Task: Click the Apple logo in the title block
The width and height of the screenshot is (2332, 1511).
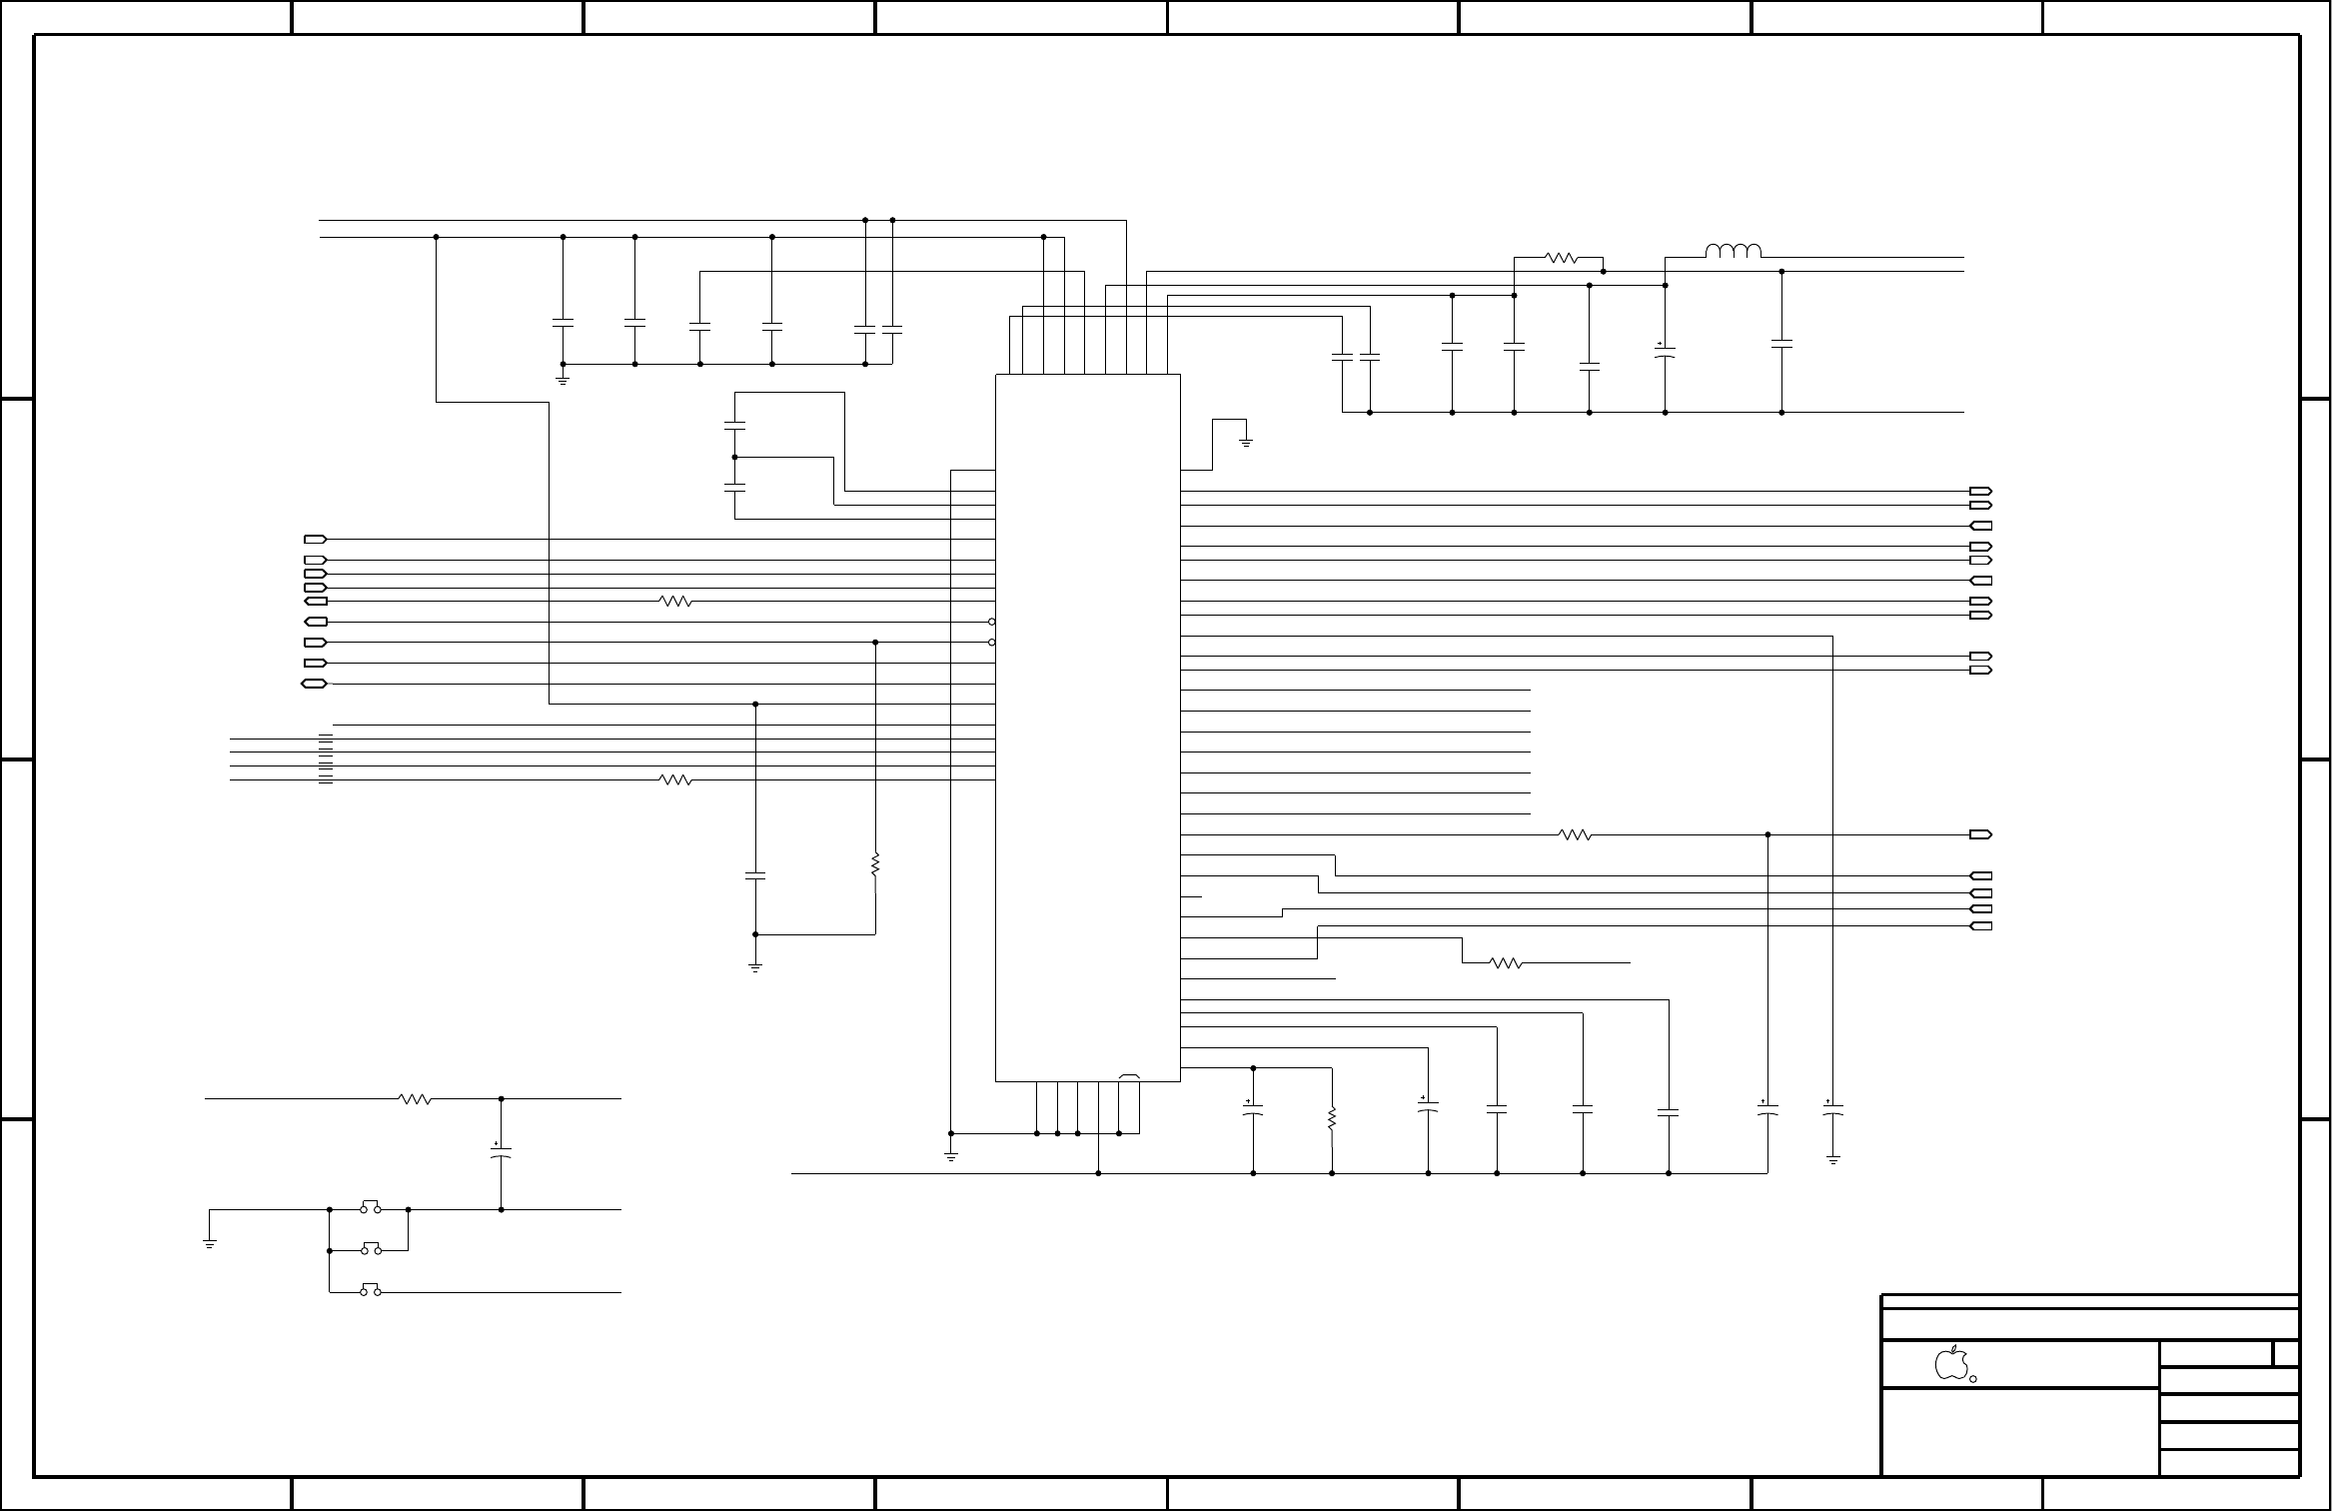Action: pos(1950,1363)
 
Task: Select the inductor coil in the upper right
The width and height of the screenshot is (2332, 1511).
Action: pos(1733,251)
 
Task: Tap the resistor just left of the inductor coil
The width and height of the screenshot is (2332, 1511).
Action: pos(1560,258)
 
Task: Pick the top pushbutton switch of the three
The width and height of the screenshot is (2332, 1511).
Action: pos(370,1207)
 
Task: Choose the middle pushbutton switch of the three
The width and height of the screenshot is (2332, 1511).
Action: pos(370,1248)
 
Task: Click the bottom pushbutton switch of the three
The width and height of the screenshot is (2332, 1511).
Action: pos(370,1290)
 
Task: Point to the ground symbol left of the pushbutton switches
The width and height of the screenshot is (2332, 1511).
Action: pos(210,1243)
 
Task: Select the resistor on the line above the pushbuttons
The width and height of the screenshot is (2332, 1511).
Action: pos(415,1099)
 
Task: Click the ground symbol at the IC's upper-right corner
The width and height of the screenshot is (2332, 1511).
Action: pos(1245,441)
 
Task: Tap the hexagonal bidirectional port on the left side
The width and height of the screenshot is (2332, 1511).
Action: pos(314,684)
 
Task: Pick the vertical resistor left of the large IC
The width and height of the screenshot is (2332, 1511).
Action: pos(875,864)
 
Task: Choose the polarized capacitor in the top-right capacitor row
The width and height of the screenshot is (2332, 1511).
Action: pos(1665,351)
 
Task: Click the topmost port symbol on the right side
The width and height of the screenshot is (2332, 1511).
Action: pos(1980,492)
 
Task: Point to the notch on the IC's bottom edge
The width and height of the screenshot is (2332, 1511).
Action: pos(1130,1077)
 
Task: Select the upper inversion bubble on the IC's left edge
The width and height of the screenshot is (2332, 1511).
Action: pos(991,622)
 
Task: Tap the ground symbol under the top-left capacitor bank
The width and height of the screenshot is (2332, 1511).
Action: pos(563,380)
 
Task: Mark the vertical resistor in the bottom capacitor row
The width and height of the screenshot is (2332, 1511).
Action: pos(1332,1119)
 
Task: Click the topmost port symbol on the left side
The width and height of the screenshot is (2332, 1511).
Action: pos(315,539)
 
